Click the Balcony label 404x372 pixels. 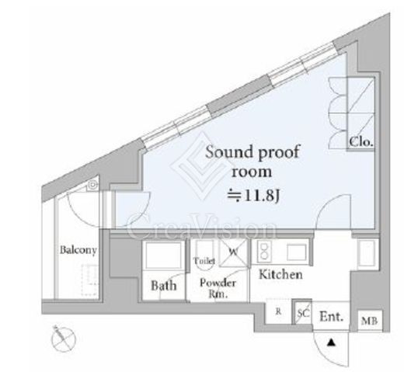click(78, 250)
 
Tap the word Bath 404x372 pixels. click(164, 286)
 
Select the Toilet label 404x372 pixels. click(204, 261)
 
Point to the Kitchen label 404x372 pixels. click(280, 274)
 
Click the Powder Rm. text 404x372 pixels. click(218, 288)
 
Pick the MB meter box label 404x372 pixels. click(370, 322)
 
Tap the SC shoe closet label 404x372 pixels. click(303, 313)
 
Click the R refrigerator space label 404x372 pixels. click(278, 311)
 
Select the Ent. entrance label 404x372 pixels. click(332, 316)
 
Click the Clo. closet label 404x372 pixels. click(361, 142)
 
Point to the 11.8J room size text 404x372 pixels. click(253, 196)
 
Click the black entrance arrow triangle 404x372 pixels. click(331, 343)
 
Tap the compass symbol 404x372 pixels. click(64, 339)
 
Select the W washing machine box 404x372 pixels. click(234, 252)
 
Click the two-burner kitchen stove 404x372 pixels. click(264, 252)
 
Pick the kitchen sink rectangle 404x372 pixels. click(297, 252)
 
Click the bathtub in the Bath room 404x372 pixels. click(163, 255)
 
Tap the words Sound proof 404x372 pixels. click(252, 152)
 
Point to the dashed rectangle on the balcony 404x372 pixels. click(89, 280)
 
